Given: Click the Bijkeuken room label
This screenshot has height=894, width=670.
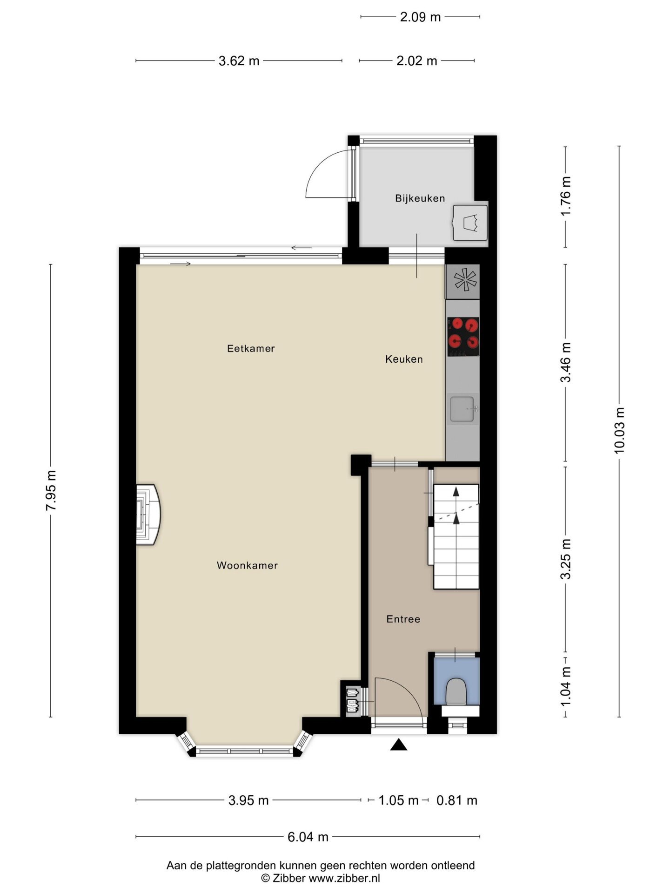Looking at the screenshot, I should tap(420, 198).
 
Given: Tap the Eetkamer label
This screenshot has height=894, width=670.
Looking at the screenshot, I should tap(251, 348).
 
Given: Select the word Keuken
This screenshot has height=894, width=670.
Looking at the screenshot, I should tap(404, 359).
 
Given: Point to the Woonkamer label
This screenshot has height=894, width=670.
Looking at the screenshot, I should tap(247, 565).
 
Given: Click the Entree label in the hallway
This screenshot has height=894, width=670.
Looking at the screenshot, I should tap(403, 619).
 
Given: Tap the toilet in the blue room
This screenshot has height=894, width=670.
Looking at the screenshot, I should tap(456, 691).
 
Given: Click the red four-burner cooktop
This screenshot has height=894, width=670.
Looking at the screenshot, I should tap(463, 336).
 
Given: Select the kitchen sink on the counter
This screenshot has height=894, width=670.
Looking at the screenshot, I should tap(462, 409).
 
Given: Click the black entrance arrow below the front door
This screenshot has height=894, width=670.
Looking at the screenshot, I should tap(398, 745).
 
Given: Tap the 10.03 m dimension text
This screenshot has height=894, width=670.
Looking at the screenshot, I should tap(619, 430).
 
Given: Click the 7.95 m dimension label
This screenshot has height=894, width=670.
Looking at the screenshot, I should tap(51, 490).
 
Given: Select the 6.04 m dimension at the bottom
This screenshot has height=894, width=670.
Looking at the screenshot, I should tap(308, 837).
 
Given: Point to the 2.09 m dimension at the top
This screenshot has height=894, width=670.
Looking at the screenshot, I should tap(420, 17).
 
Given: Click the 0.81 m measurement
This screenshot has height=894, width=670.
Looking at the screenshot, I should tap(457, 800).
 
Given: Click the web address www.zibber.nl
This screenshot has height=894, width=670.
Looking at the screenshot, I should tap(344, 878).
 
